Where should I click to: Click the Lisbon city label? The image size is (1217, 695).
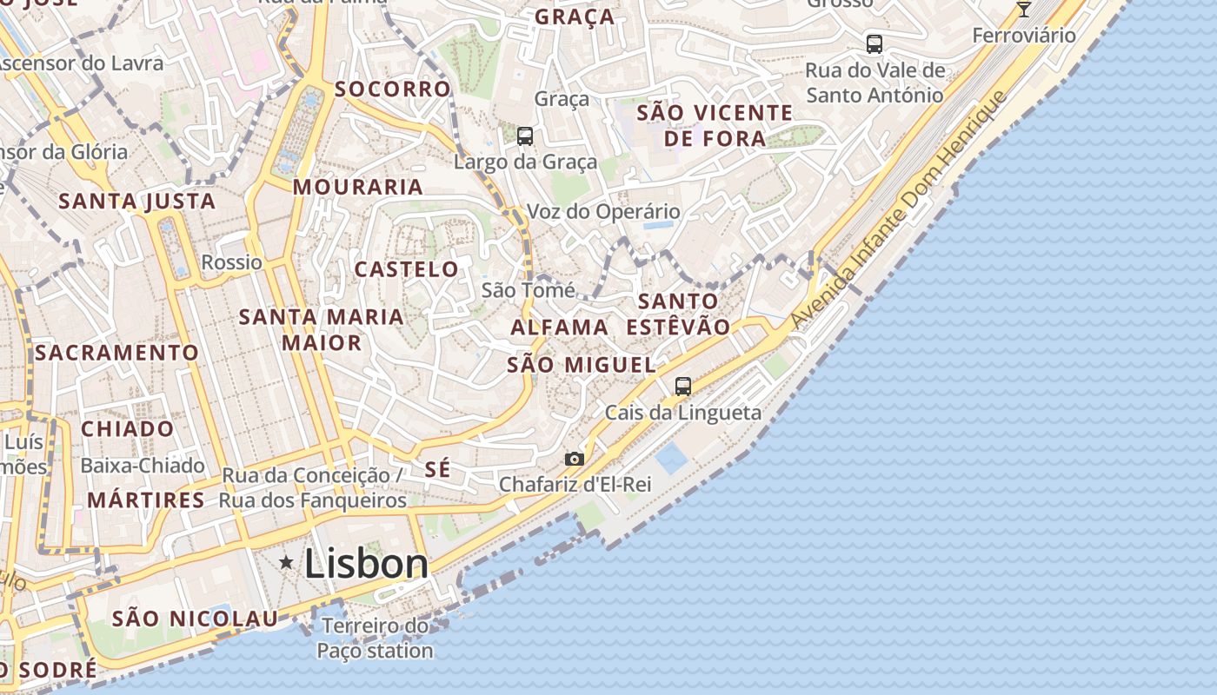(366, 564)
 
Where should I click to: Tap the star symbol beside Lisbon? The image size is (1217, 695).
(286, 563)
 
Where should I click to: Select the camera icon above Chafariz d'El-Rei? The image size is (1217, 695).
(575, 459)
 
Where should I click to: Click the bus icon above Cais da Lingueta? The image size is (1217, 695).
(683, 387)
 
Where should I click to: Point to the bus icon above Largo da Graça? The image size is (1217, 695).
(525, 136)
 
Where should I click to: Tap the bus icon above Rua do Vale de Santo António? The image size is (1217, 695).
(875, 43)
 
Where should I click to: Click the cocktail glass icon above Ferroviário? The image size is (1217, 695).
(1024, 9)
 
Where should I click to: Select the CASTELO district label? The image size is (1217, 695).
(406, 269)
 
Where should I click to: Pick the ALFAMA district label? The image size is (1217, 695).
(560, 328)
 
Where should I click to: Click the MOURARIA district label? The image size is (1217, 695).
(358, 187)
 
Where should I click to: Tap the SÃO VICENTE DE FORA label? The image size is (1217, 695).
(715, 125)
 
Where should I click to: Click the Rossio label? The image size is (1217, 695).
(231, 262)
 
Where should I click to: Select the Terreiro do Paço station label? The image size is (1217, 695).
(375, 638)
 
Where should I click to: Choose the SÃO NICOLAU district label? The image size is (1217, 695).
(196, 619)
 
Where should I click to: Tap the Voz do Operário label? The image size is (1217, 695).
(603, 212)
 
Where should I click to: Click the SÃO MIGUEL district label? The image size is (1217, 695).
(581, 365)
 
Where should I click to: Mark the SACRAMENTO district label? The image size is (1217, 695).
(117, 353)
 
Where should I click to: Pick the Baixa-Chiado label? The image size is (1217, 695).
(143, 466)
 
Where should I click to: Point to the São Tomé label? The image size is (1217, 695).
(528, 290)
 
